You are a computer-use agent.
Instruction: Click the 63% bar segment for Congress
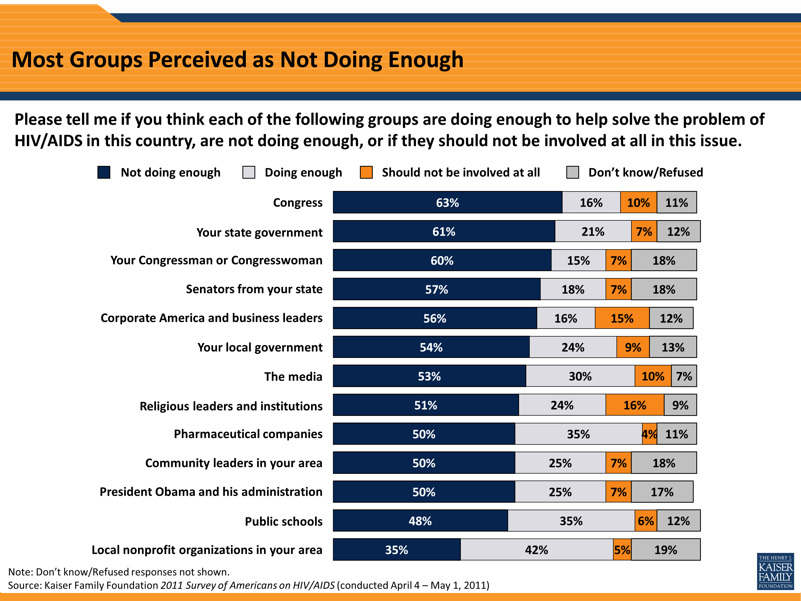pyautogui.click(x=447, y=202)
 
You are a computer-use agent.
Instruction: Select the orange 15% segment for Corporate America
pyautogui.click(x=622, y=318)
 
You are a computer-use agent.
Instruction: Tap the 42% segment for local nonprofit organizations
pyautogui.click(x=537, y=550)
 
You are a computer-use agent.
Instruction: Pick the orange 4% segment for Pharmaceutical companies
pyautogui.click(x=650, y=434)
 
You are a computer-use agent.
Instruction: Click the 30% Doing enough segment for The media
pyautogui.click(x=580, y=376)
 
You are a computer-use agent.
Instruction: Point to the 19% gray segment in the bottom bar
pyautogui.click(x=666, y=550)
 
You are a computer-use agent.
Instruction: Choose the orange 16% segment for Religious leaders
pyautogui.click(x=634, y=405)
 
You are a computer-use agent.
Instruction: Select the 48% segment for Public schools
pyautogui.click(x=420, y=521)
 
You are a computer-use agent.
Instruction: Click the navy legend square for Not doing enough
pyautogui.click(x=104, y=173)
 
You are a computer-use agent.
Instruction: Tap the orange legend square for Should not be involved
pyautogui.click(x=366, y=173)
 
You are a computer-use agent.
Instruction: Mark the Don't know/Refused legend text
pyautogui.click(x=645, y=173)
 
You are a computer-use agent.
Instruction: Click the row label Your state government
pyautogui.click(x=259, y=232)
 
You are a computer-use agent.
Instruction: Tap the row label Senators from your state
pyautogui.click(x=254, y=289)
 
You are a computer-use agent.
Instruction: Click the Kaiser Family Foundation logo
pyautogui.click(x=775, y=571)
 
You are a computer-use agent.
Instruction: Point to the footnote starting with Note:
pyautogui.click(x=119, y=572)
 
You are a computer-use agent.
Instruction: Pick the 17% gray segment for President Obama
pyautogui.click(x=662, y=492)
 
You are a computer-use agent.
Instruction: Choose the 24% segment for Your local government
pyautogui.click(x=573, y=348)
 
